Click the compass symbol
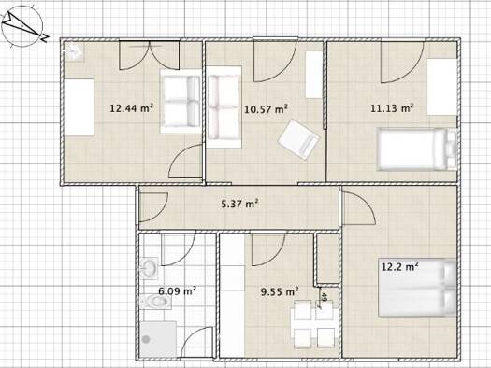[23, 26]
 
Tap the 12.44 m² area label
[131, 108]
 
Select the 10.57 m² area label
[266, 109]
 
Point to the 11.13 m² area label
[392, 108]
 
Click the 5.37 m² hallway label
[239, 204]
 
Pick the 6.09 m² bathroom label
[178, 291]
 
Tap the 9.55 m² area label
[280, 291]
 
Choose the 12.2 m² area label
[400, 267]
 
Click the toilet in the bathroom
[155, 302]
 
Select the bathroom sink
[149, 268]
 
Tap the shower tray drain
[146, 339]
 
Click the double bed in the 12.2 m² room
[417, 288]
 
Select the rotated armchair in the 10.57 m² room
[298, 139]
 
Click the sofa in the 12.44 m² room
[181, 102]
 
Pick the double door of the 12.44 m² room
[150, 55]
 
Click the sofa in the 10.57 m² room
[224, 107]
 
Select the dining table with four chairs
[313, 323]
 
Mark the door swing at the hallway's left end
[153, 206]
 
